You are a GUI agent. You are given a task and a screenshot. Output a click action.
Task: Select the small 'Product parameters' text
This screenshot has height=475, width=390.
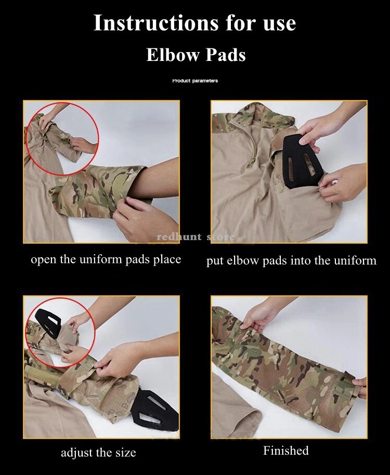coord(195,81)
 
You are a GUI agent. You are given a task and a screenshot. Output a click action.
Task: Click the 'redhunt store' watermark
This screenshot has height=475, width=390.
coord(196,238)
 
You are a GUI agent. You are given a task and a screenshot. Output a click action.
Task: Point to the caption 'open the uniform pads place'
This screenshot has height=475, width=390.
coord(106,259)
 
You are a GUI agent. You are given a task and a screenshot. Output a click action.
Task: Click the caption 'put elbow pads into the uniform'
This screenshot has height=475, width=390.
coord(291,260)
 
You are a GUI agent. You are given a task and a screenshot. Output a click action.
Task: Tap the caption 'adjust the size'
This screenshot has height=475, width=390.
coord(98,452)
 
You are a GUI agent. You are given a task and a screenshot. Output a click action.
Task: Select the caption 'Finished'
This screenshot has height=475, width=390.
coord(286,451)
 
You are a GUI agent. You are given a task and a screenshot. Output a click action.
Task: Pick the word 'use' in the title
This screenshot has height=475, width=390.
coord(277,23)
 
